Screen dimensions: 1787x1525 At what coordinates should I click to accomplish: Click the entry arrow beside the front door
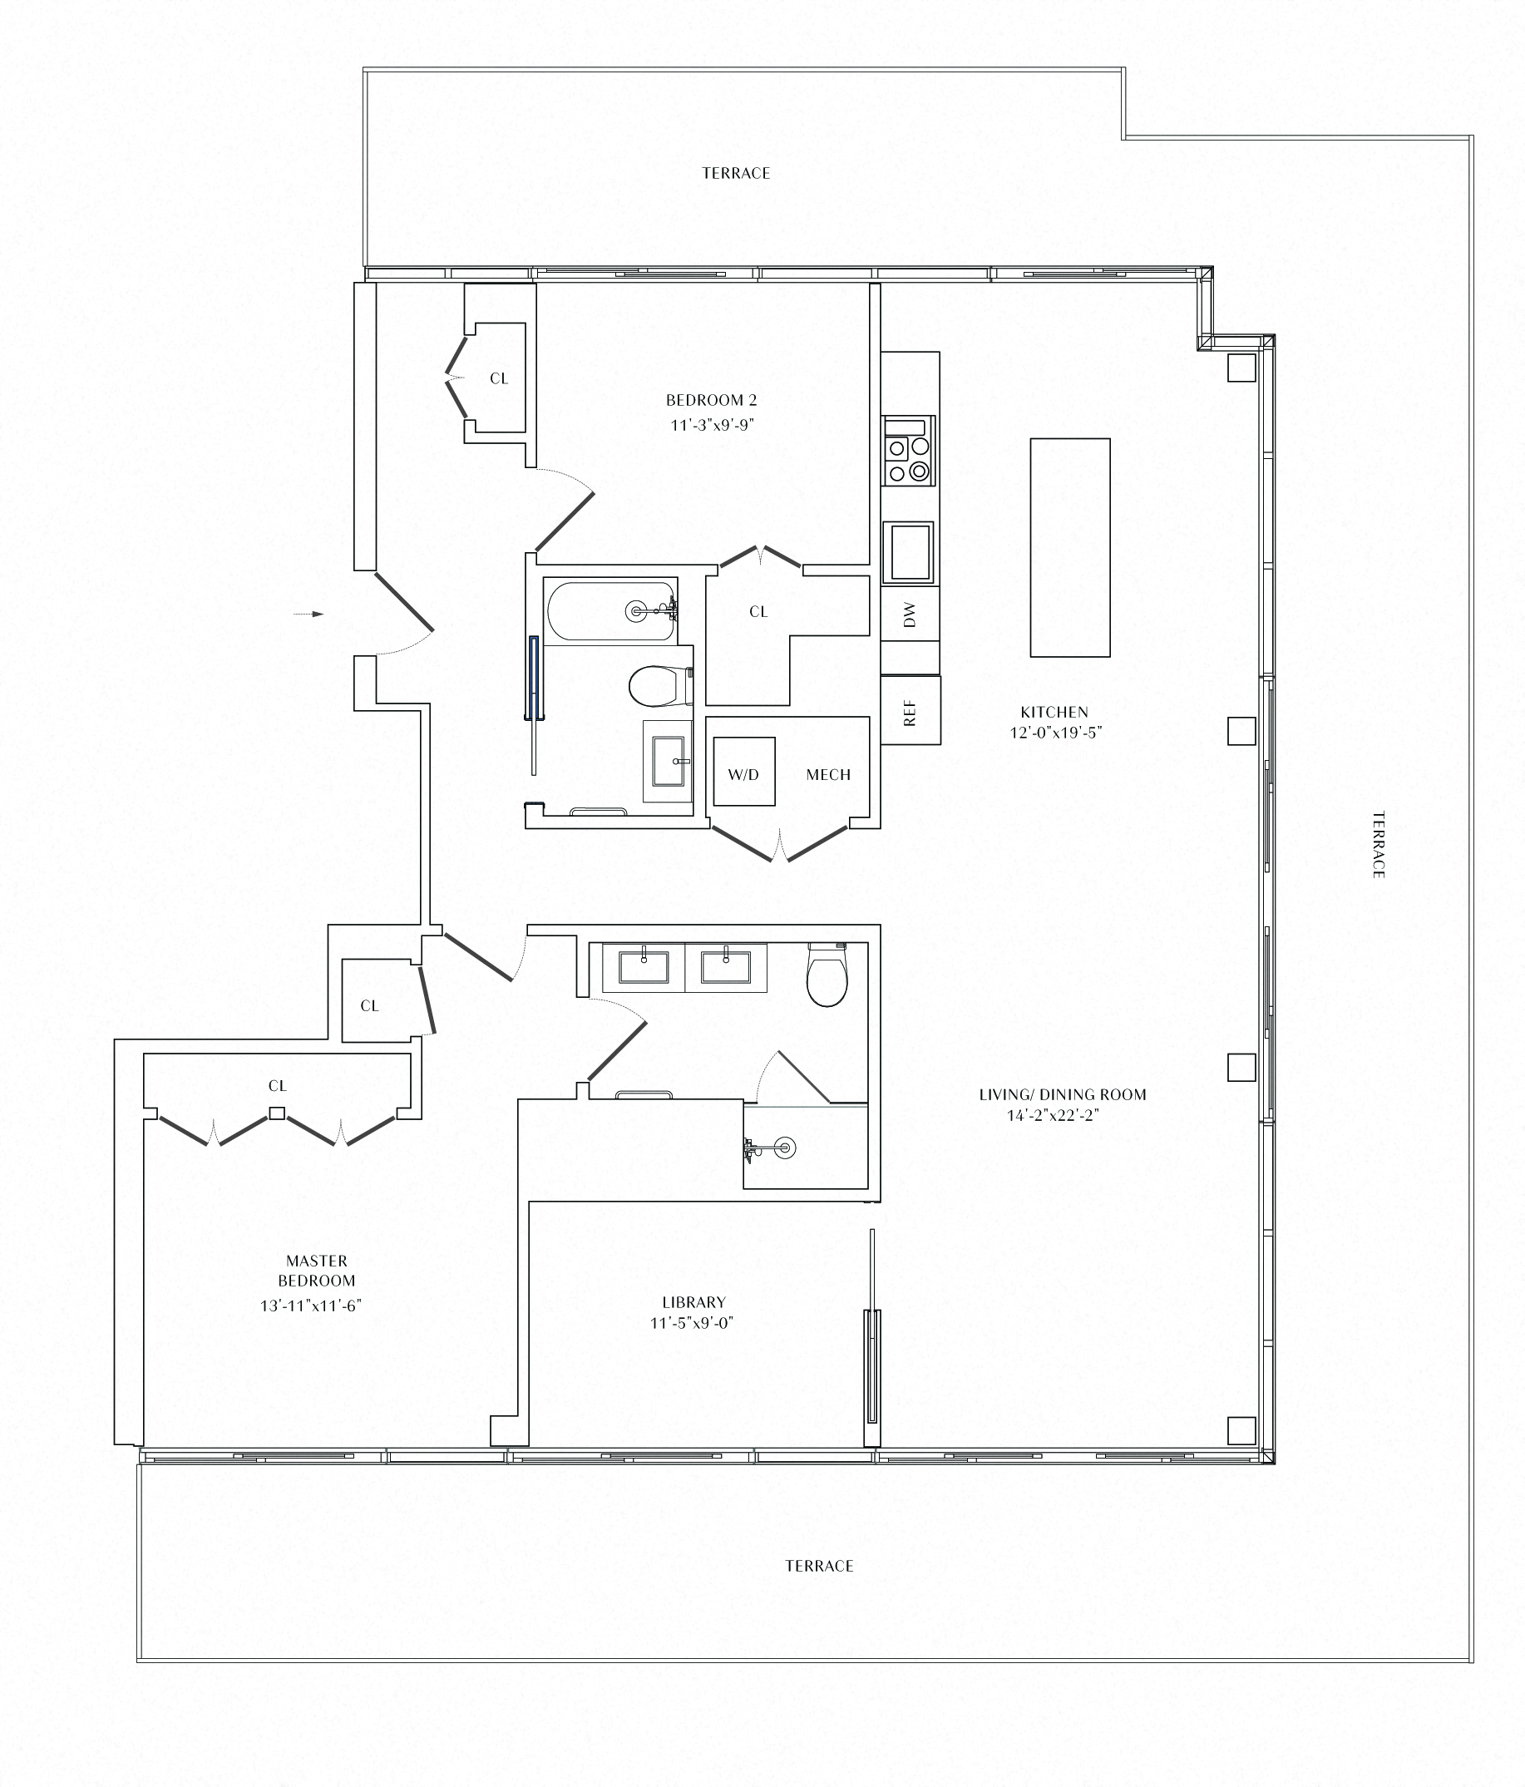coord(308,614)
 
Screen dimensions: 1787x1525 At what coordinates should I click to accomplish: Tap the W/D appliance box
coord(743,772)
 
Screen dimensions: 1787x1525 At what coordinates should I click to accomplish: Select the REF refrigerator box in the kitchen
coord(910,711)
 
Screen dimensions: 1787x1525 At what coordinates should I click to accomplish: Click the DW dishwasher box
coord(910,614)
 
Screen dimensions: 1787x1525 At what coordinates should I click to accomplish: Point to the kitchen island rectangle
coord(1069,548)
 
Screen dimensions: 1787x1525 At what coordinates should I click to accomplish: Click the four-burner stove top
coord(908,450)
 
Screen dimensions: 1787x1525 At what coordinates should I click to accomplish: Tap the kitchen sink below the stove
coord(908,552)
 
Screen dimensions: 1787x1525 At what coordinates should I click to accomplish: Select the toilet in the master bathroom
coord(827,976)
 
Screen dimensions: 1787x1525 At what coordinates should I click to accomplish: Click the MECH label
coord(828,774)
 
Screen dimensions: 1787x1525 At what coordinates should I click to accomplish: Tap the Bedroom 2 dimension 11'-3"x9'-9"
coord(712,425)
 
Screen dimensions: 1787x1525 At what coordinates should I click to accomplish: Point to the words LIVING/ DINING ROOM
coord(1062,1094)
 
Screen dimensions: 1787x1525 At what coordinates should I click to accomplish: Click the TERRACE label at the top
coord(735,173)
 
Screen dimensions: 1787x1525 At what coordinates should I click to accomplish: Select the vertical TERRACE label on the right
coord(1378,844)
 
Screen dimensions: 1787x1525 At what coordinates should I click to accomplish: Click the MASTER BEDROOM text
coord(317,1271)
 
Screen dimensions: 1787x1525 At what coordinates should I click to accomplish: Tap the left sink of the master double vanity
coord(644,966)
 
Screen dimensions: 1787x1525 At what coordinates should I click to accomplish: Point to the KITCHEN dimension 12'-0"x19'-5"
coord(1056,733)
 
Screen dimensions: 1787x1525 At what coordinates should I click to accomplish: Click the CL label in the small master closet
coord(369,1005)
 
